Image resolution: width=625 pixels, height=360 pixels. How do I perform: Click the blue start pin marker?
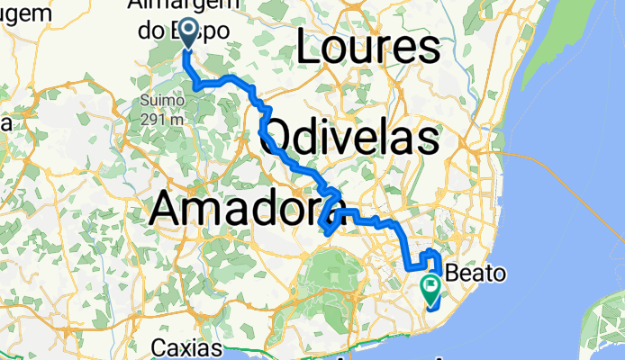pyautogui.click(x=190, y=32)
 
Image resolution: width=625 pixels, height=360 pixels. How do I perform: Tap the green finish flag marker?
pyautogui.click(x=430, y=287)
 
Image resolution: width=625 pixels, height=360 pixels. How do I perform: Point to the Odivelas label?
pyautogui.click(x=353, y=138)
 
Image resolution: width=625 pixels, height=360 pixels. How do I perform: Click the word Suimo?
pyautogui.click(x=159, y=100)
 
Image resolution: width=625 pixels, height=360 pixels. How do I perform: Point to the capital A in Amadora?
pyautogui.click(x=166, y=209)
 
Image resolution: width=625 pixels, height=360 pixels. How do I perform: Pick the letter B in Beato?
pyautogui.click(x=453, y=273)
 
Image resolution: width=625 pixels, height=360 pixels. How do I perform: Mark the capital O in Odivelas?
pyautogui.click(x=283, y=139)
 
